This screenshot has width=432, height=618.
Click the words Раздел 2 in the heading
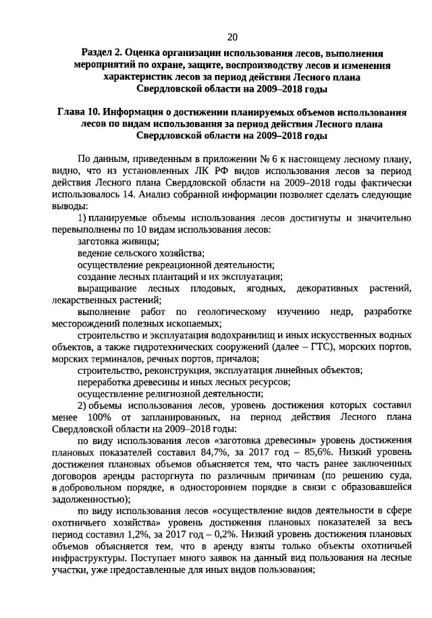103,51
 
